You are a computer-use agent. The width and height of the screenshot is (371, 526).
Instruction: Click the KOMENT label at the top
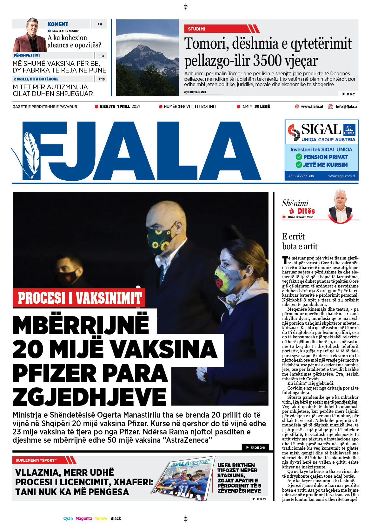tap(58, 24)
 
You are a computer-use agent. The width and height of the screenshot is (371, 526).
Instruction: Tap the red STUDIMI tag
tap(196, 29)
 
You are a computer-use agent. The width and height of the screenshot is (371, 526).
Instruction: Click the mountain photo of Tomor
tap(147, 58)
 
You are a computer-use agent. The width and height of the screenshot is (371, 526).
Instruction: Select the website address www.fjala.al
tap(312, 107)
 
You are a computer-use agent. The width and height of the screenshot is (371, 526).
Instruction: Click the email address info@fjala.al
tap(347, 107)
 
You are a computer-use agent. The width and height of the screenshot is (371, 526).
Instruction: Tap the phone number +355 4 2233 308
tap(301, 176)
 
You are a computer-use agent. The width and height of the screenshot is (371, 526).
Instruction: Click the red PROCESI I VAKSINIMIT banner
tap(79, 298)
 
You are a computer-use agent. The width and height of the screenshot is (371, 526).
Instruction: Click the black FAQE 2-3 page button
tap(255, 447)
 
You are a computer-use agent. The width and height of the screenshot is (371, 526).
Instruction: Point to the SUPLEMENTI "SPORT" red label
tap(36, 460)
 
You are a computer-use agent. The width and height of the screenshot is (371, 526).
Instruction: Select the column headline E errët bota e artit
tap(300, 241)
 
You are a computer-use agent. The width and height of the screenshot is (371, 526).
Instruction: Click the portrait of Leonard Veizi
tap(341, 206)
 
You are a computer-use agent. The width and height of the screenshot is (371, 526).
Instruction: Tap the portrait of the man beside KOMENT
tap(30, 35)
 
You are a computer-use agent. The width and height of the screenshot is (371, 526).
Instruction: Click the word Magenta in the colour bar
tap(84, 518)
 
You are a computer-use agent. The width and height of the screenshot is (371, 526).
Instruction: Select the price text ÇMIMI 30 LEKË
tap(256, 107)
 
